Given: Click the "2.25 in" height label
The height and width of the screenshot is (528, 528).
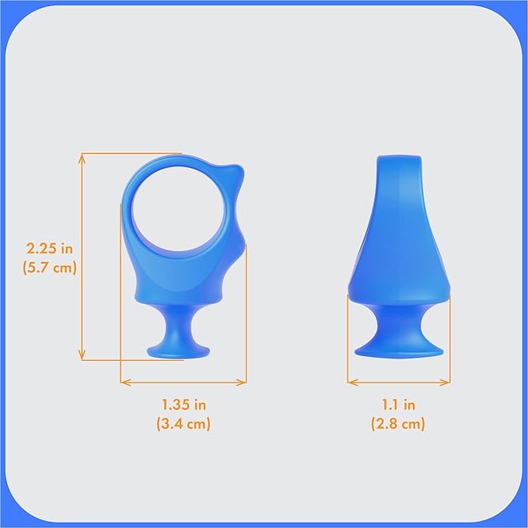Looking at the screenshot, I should [x=49, y=249].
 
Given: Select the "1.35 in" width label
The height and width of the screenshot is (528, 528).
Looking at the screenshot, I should [x=184, y=404].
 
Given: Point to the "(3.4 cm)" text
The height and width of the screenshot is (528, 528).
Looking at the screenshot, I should [x=184, y=424].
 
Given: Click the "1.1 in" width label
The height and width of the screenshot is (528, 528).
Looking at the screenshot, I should [x=398, y=404].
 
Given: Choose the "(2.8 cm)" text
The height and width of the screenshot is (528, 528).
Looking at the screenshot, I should [x=398, y=424].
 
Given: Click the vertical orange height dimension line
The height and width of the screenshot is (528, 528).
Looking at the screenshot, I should [x=82, y=257].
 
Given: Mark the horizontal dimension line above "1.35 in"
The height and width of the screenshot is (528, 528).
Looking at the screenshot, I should [x=184, y=382].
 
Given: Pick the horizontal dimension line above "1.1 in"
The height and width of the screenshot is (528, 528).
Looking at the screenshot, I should [x=398, y=382].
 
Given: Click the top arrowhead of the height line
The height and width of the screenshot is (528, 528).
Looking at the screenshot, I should [x=82, y=156].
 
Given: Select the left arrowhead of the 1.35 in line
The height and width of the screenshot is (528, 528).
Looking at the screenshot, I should [x=124, y=382].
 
